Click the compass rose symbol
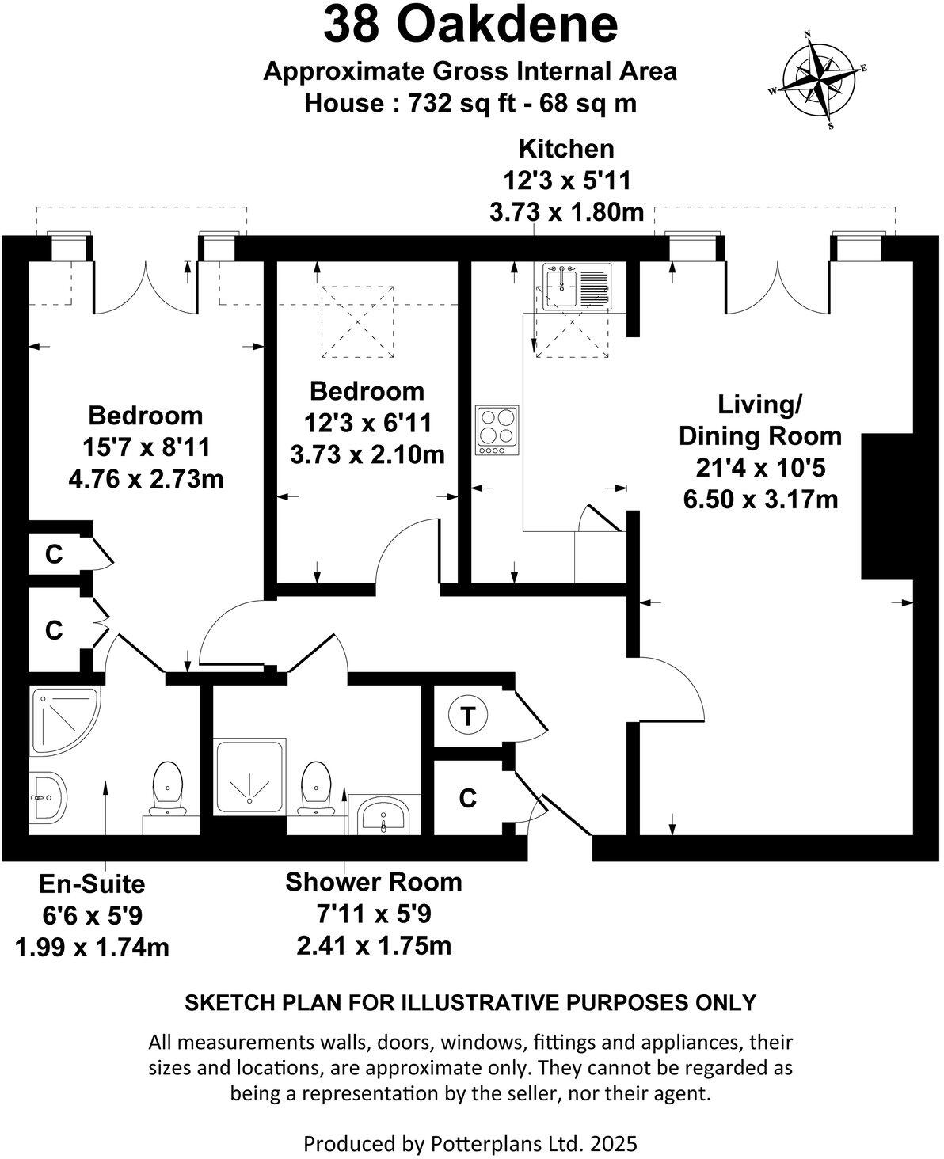pos(819,79)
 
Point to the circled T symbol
pos(467,716)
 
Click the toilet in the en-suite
pos(167,788)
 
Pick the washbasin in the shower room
pos(384,813)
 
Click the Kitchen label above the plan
pos(565,149)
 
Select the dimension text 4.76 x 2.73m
pos(145,479)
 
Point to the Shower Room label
pos(374,881)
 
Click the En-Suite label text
pos(93,883)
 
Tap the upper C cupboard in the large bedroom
pos(54,554)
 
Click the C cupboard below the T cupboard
pos(468,799)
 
